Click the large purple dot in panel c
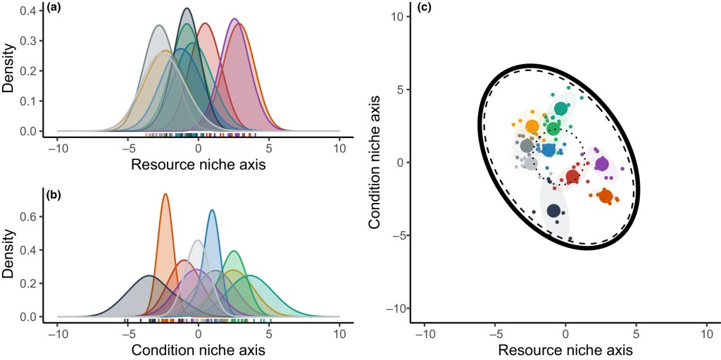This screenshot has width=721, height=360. pyautogui.click(x=601, y=164)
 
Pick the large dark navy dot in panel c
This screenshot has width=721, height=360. pyautogui.click(x=553, y=211)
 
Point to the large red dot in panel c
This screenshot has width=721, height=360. pyautogui.click(x=572, y=176)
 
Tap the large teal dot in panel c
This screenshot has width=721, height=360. pyautogui.click(x=560, y=108)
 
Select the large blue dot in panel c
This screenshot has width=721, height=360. pyautogui.click(x=548, y=149)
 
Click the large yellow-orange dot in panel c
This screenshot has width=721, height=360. pyautogui.click(x=532, y=126)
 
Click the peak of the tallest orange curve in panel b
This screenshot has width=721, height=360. pyautogui.click(x=165, y=194)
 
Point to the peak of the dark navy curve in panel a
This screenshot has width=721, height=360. pyautogui.click(x=187, y=8)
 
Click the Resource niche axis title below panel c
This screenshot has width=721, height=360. pyautogui.click(x=565, y=349)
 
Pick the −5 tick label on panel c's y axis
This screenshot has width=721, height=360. pyautogui.click(x=401, y=235)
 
